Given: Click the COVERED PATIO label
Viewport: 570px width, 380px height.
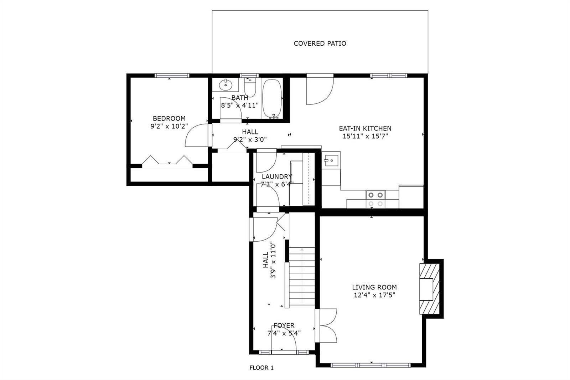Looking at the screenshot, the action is pyautogui.click(x=320, y=43).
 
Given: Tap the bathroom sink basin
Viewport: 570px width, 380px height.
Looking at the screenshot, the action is pyautogui.click(x=226, y=84).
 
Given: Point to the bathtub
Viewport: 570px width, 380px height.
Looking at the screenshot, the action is pyautogui.click(x=272, y=98).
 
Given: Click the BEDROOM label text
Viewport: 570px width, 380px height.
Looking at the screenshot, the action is pyautogui.click(x=169, y=118).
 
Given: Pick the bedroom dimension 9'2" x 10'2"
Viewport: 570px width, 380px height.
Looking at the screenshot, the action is pyautogui.click(x=169, y=126).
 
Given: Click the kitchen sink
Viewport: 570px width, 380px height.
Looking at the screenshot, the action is pyautogui.click(x=331, y=160).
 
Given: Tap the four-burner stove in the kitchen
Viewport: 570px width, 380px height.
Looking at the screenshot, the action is pyautogui.click(x=375, y=199).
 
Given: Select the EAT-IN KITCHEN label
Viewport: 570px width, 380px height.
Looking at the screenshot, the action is pyautogui.click(x=365, y=128).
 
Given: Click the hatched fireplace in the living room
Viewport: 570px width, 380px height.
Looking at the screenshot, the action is pyautogui.click(x=429, y=289).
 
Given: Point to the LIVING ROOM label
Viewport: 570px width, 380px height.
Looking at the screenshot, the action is pyautogui.click(x=374, y=287).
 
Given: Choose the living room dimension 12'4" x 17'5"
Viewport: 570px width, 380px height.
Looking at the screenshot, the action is pyautogui.click(x=374, y=295).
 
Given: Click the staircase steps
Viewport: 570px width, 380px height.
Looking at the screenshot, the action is pyautogui.click(x=302, y=276).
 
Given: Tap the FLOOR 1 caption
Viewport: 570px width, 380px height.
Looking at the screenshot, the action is pyautogui.click(x=261, y=368).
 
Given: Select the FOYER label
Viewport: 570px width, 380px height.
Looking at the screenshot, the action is pyautogui.click(x=284, y=325).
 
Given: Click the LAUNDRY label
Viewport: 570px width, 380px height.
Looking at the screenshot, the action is pyautogui.click(x=277, y=177).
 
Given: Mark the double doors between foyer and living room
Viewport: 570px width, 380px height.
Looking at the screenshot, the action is pyautogui.click(x=326, y=325).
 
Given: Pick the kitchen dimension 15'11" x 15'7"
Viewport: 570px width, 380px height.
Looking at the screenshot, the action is pyautogui.click(x=365, y=136).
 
